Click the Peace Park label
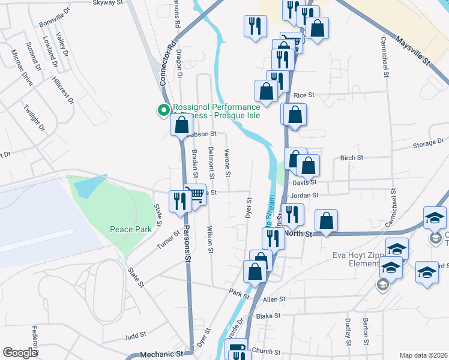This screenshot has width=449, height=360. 131,229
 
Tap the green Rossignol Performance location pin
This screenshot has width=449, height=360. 162,110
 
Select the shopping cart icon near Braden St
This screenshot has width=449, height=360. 194,194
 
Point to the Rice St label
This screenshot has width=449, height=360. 304,95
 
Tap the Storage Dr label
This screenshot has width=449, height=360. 428,145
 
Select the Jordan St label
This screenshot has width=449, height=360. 303,195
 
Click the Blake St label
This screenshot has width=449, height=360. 268,316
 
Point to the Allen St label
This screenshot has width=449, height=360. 274,299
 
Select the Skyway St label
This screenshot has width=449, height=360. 107,3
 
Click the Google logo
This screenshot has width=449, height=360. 20,353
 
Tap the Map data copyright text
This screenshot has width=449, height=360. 423,355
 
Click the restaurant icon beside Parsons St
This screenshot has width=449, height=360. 178,201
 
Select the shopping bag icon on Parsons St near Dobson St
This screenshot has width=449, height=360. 181,125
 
